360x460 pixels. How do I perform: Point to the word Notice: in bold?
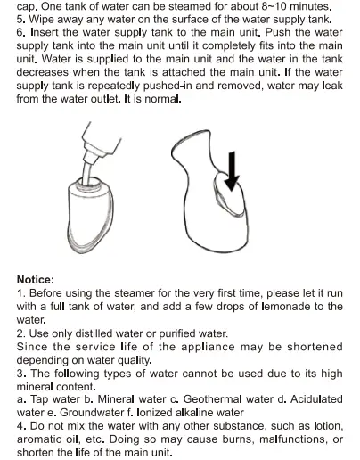point(36,279)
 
